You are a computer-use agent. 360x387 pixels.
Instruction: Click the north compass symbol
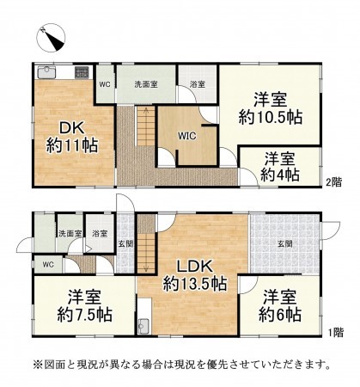(x=52, y=37)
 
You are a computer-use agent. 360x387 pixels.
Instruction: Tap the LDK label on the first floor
(x=196, y=265)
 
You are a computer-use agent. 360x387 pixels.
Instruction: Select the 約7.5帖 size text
(x=84, y=313)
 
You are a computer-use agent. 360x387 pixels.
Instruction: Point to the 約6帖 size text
(x=281, y=314)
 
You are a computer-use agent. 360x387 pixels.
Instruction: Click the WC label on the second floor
(x=104, y=84)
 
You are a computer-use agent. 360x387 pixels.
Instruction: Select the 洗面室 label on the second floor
(x=148, y=84)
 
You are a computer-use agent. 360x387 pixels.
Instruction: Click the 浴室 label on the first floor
(x=100, y=233)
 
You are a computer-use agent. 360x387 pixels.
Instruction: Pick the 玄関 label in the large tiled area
(x=284, y=243)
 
